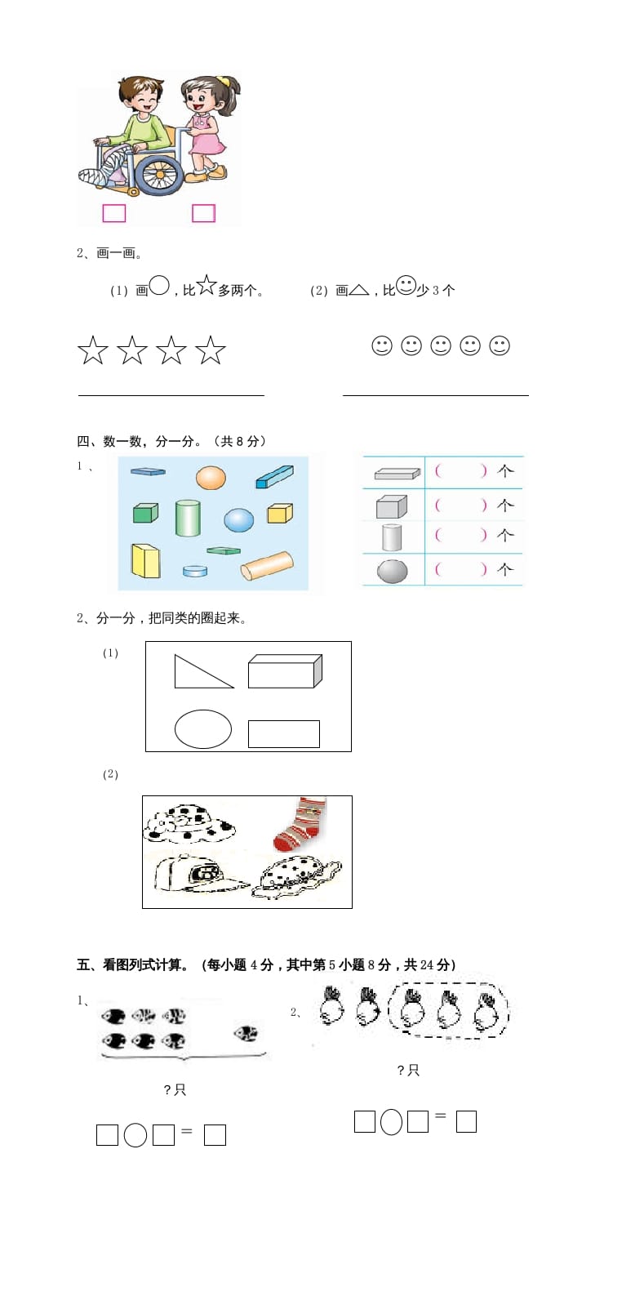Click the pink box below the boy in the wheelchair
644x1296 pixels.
click(113, 213)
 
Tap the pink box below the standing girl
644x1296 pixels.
click(203, 213)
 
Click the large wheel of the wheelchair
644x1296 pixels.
click(159, 173)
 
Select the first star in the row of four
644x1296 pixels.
click(93, 350)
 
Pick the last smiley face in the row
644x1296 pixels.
click(500, 345)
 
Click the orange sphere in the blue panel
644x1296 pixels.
click(211, 477)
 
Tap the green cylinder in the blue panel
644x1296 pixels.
click(188, 518)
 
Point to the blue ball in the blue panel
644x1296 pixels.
click(239, 519)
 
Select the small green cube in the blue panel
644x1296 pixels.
click(145, 512)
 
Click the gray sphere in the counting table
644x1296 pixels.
click(393, 571)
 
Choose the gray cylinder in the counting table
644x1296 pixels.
click(392, 537)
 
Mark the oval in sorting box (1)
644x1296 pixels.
click(203, 729)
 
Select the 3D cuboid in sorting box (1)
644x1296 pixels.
click(285, 670)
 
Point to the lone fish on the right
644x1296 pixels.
click(246, 1034)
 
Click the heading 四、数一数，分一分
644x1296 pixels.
click(171, 441)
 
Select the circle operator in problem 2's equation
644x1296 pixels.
click(391, 1122)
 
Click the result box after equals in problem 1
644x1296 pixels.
click(215, 1135)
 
